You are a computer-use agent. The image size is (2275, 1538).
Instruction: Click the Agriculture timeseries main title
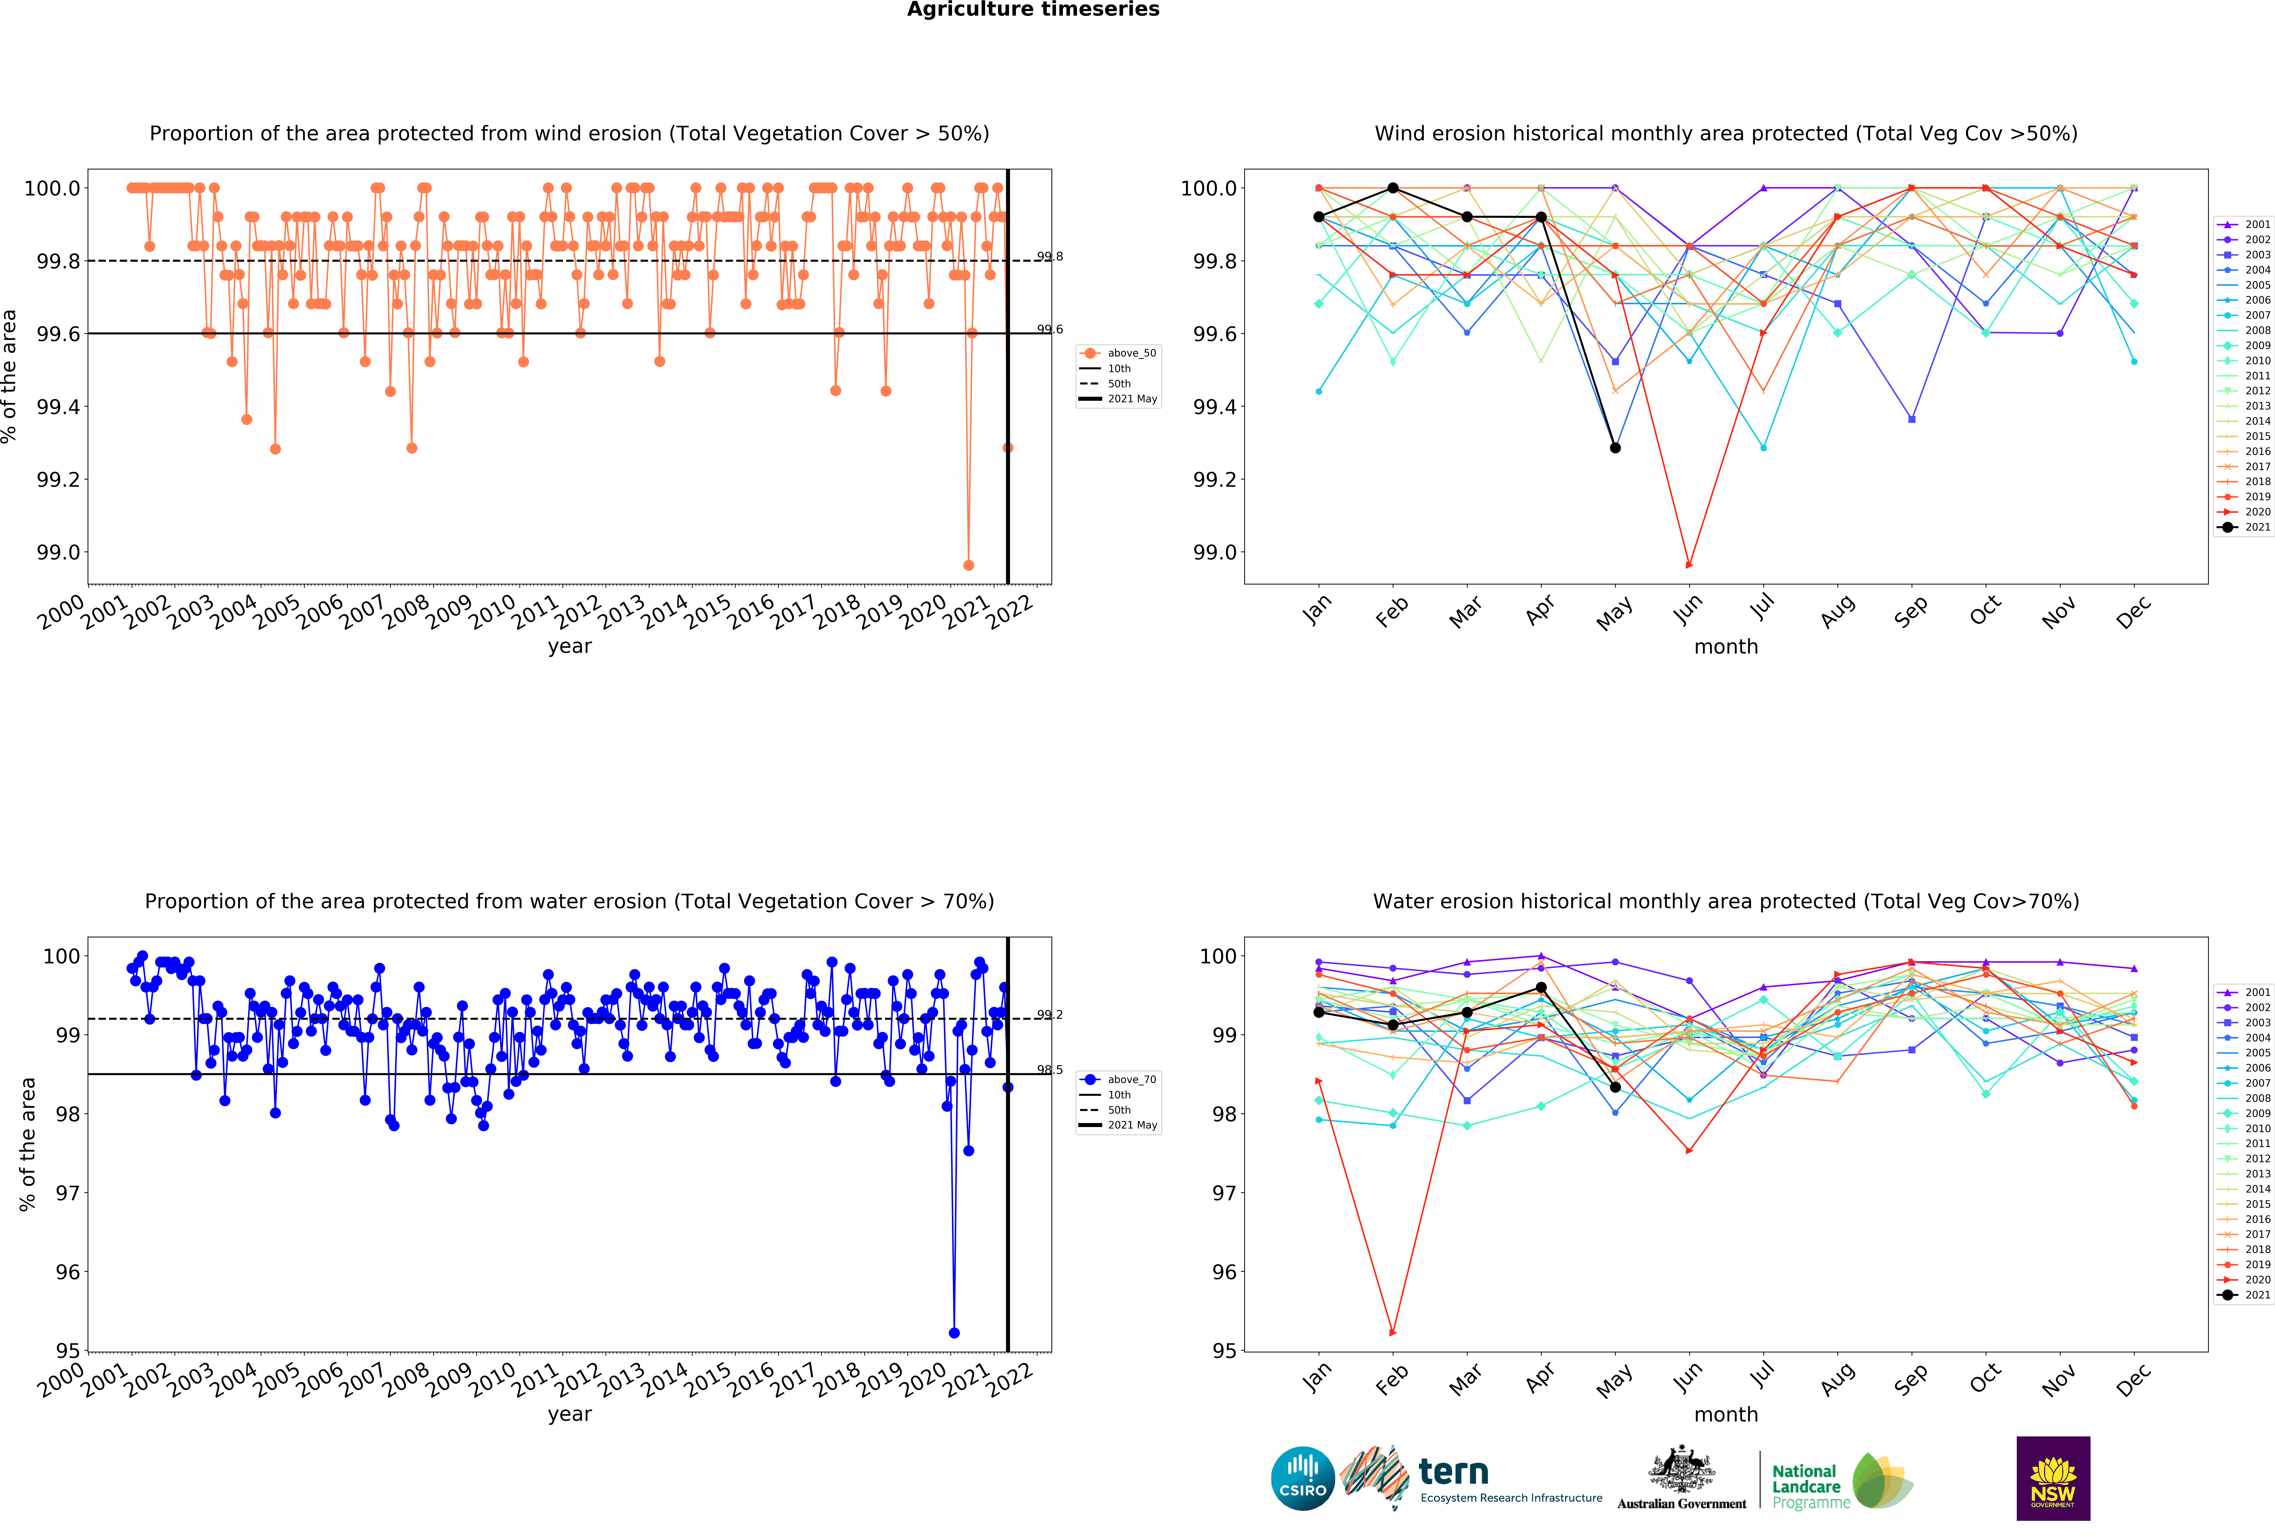point(1033,10)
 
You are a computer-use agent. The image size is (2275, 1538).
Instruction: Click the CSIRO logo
point(1303,1478)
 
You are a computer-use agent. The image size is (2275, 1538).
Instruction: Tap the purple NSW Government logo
point(2053,1478)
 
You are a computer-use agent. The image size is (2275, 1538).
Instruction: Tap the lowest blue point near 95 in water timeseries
point(954,1332)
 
